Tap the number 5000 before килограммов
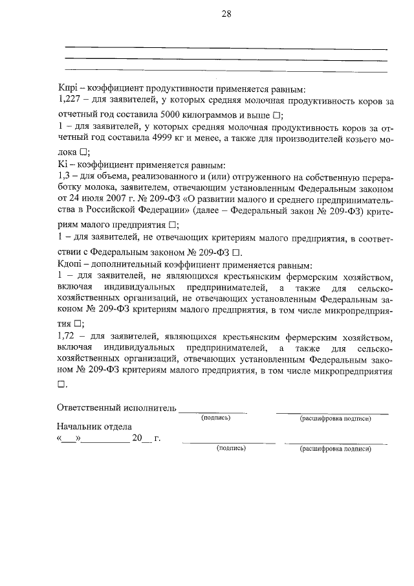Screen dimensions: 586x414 click(172, 114)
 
